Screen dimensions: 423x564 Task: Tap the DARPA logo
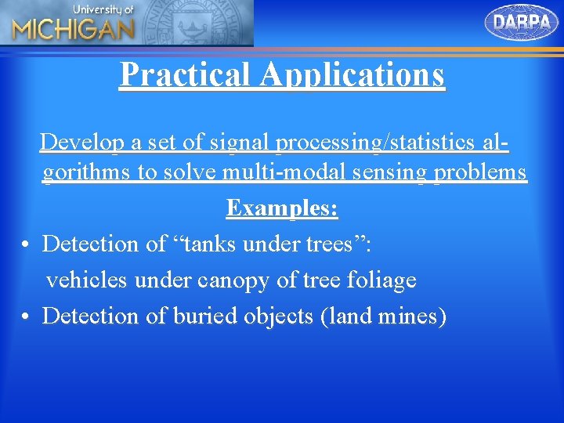pyautogui.click(x=522, y=22)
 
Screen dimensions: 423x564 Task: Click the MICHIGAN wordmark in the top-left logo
pyautogui.click(x=73, y=30)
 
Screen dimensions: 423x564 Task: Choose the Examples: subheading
pyautogui.click(x=282, y=208)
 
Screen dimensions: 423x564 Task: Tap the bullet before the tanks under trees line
pyautogui.click(x=26, y=245)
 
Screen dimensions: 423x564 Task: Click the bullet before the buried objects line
pyautogui.click(x=26, y=317)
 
